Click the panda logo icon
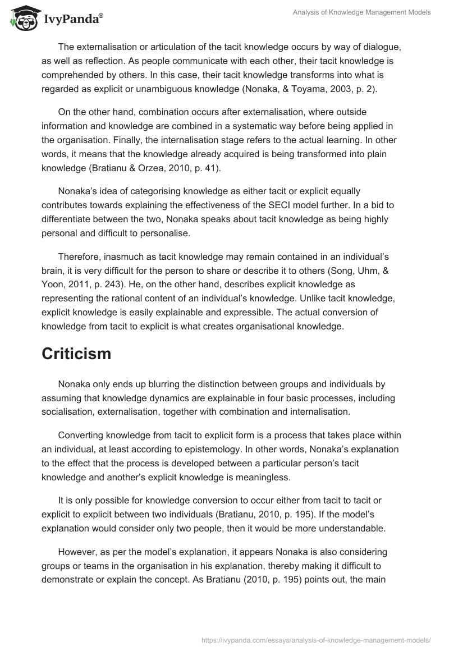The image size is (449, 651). point(21,18)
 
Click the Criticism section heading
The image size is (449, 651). point(76,354)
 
